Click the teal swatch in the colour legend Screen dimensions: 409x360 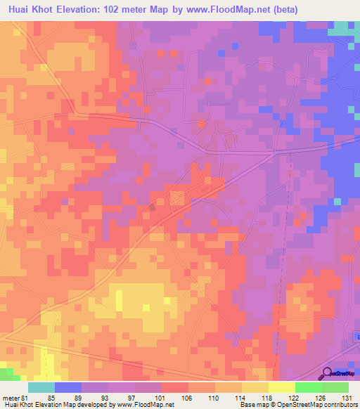(x=41, y=387)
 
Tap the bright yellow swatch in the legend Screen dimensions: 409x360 (x=282, y=387)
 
